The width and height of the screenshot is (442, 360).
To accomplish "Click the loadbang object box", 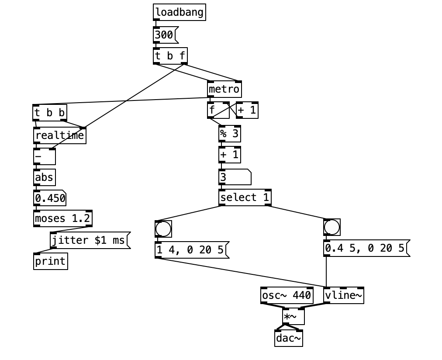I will click(x=179, y=12).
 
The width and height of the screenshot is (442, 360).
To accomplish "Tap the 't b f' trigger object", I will click(x=170, y=56).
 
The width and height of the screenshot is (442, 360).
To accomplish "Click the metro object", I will click(x=224, y=90).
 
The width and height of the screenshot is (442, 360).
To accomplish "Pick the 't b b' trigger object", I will click(x=49, y=113).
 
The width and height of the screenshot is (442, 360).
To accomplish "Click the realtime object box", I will click(x=59, y=135).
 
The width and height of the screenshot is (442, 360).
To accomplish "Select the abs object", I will click(x=44, y=177).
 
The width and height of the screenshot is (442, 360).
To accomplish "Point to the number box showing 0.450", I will click(x=50, y=199).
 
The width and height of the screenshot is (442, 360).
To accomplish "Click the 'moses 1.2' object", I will click(x=63, y=218).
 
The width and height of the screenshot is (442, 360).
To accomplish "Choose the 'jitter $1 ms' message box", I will click(x=90, y=240).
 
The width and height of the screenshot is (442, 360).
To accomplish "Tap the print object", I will click(x=50, y=261).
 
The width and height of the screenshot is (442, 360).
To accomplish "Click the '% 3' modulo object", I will click(x=229, y=134).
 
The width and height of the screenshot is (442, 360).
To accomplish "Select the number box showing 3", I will click(x=234, y=177).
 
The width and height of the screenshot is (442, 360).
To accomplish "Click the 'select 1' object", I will click(x=245, y=197).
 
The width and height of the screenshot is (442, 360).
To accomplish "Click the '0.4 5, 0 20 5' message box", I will click(x=365, y=248).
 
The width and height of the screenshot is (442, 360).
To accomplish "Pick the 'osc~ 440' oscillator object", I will click(x=287, y=296).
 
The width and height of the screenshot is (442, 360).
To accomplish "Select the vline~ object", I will click(x=344, y=296).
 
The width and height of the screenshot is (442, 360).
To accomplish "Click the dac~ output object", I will click(x=288, y=339).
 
